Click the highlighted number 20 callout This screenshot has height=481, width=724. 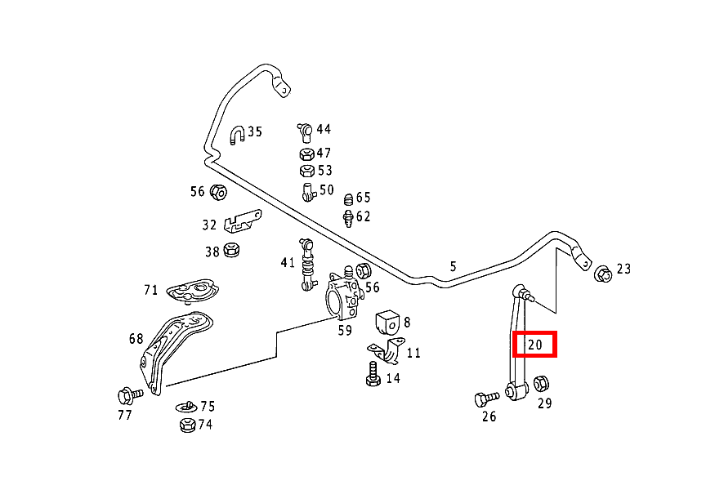coord(534,345)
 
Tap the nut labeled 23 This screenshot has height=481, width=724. coord(603,274)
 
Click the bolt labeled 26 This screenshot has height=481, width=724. coord(485,399)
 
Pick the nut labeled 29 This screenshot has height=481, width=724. coord(541,383)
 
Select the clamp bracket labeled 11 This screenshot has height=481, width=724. coord(387,351)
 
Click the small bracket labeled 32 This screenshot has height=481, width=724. coord(241,220)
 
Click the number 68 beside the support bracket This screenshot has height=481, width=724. coord(136,338)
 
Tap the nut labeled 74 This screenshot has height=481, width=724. coord(186,425)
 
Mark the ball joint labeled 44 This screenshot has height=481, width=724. coord(304,131)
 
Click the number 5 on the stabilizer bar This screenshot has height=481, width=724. coord(453,266)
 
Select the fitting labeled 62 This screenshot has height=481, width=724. coord(348,218)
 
